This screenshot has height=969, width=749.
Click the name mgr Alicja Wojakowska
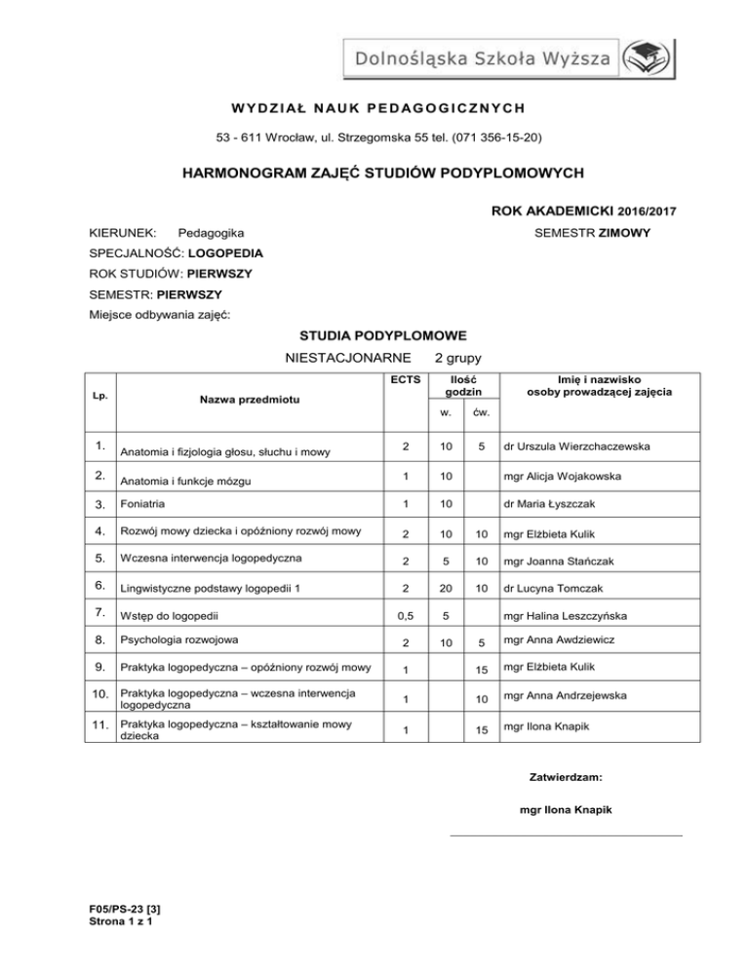click(571, 478)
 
